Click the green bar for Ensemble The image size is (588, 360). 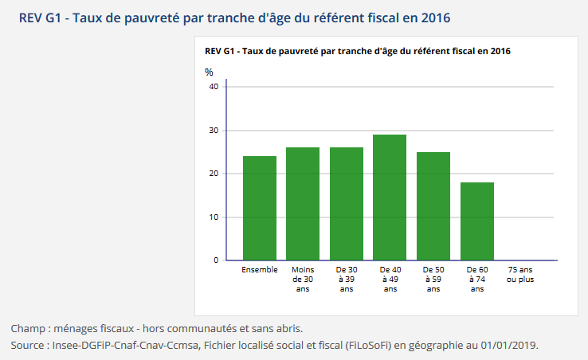(259, 208)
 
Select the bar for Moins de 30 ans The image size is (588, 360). (303, 204)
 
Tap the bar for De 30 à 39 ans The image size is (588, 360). (347, 204)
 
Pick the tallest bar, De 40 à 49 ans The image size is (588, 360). (390, 198)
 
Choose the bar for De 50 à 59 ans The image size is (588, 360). (433, 206)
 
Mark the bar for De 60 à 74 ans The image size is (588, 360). (477, 221)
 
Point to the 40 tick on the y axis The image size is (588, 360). (213, 87)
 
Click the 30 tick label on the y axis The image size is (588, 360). (213, 131)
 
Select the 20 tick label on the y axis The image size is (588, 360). (213, 174)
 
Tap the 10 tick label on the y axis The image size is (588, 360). (213, 217)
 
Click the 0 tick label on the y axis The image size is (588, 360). (215, 260)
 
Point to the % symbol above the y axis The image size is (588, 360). (209, 72)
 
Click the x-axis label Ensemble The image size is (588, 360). (260, 270)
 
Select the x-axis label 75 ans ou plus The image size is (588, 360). (520, 275)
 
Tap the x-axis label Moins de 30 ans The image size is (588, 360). (303, 280)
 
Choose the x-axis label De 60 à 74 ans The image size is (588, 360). (477, 280)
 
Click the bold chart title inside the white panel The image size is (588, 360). (358, 51)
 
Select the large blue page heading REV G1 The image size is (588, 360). (239, 17)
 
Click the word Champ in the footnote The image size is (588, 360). (27, 328)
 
